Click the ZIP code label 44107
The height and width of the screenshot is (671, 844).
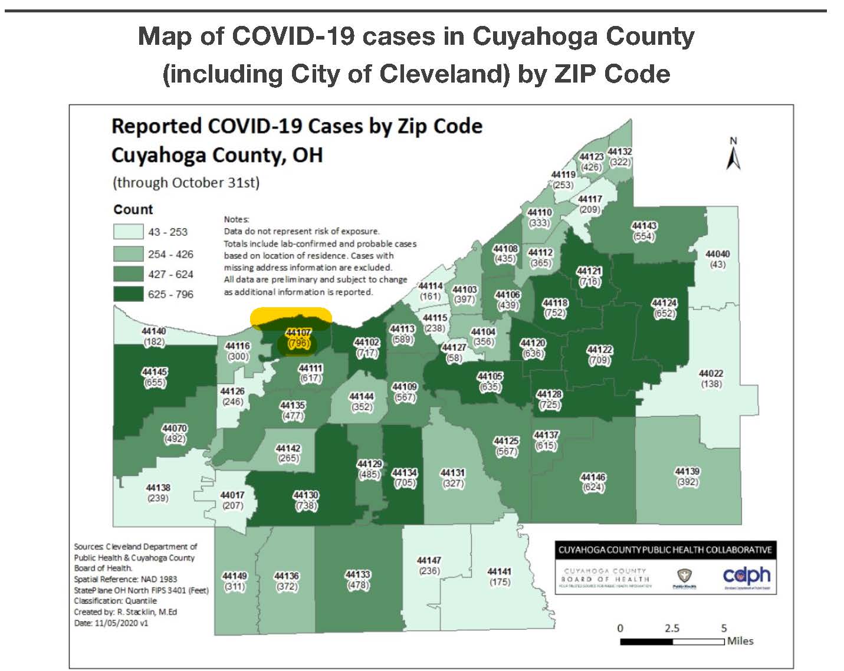298,333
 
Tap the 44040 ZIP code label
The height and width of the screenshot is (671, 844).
717,254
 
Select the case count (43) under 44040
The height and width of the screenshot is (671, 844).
717,264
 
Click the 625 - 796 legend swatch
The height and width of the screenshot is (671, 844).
128,294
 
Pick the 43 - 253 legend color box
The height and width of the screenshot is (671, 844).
128,232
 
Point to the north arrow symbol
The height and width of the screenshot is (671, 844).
733,154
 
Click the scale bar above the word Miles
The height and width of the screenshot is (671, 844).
672,642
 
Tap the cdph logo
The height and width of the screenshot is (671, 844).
746,575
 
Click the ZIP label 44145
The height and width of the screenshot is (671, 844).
154,372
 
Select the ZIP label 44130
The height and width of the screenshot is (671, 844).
306,495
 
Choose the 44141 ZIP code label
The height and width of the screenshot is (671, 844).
499,571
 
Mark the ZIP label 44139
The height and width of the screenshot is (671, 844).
687,471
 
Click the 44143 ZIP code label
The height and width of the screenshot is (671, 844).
643,226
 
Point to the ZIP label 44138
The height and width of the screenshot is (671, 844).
157,488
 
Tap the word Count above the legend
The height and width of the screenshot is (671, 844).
133,209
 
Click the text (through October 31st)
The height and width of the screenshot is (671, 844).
186,182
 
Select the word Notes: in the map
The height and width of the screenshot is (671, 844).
237,219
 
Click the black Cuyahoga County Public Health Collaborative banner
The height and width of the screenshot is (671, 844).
665,550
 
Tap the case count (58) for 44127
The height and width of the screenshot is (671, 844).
454,358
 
